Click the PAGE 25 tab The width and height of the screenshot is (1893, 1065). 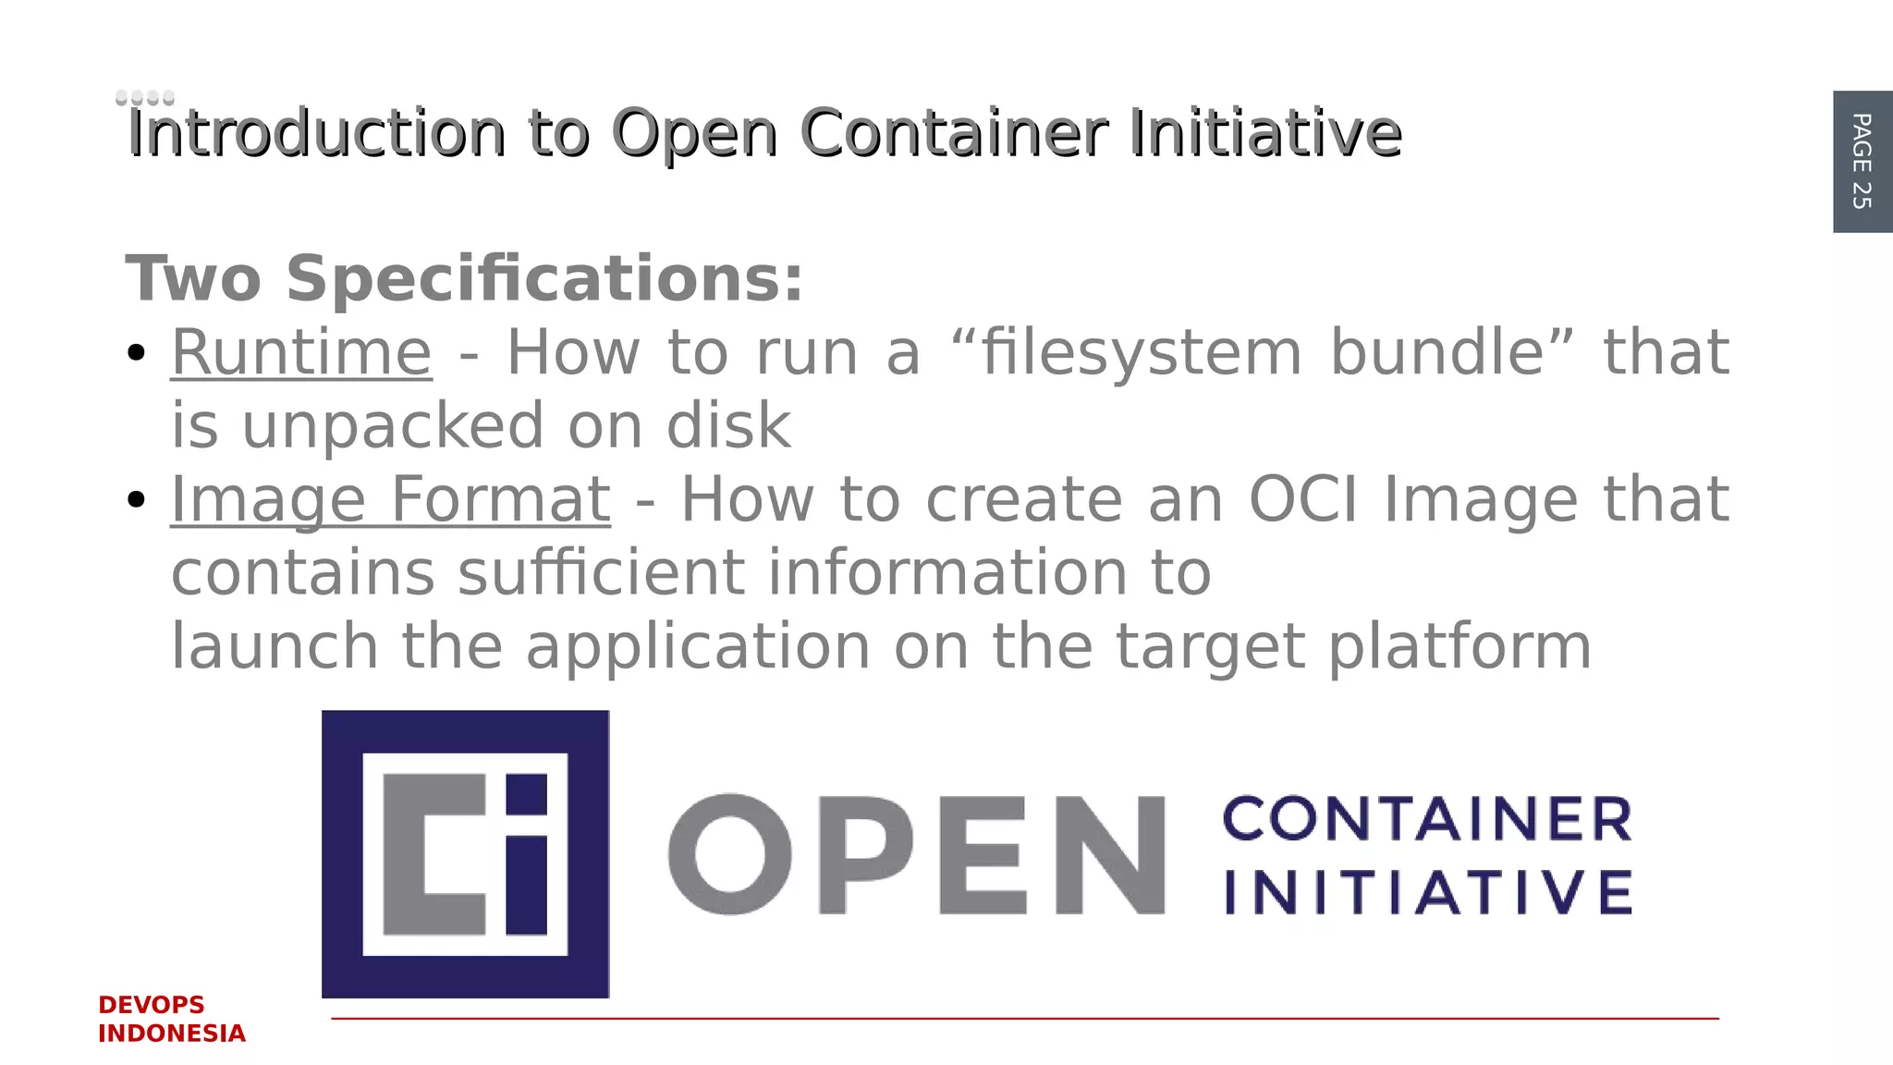1862,162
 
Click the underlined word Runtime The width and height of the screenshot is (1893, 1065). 301,353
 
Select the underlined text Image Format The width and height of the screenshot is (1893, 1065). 390,500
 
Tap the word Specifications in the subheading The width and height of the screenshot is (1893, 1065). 544,278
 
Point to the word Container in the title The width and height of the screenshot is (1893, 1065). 953,133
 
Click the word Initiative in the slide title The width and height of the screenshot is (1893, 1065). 1264,133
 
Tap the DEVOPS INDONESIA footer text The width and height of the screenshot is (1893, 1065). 171,1019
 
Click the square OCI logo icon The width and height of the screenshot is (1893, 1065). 465,853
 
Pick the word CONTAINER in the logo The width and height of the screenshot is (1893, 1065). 1428,819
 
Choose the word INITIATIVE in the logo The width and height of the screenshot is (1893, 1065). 1428,892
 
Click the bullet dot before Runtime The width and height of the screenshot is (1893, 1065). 137,353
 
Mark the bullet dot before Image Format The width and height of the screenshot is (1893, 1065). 137,500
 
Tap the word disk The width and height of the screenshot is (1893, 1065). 728,426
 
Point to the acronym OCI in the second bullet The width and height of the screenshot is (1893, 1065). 1303,500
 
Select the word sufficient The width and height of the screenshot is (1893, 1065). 601,573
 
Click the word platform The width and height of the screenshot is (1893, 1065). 1460,647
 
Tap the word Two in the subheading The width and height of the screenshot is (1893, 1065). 193,278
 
